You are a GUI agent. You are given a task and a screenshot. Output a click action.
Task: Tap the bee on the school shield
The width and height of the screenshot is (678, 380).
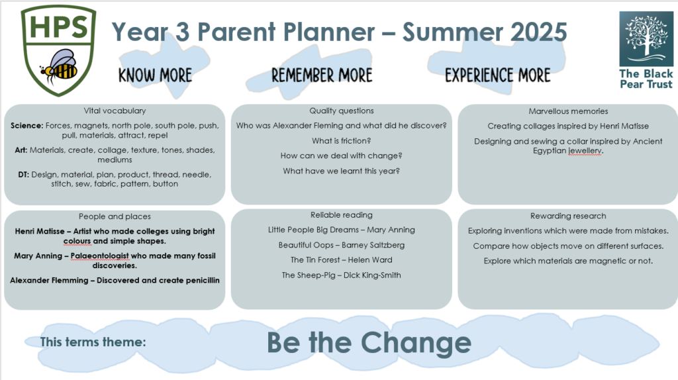60,67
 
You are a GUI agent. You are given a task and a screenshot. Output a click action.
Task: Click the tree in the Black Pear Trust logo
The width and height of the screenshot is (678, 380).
646,37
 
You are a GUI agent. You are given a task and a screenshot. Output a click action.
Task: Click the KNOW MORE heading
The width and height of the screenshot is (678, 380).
155,75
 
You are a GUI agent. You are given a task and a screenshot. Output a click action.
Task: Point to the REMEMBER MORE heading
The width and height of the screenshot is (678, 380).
322,75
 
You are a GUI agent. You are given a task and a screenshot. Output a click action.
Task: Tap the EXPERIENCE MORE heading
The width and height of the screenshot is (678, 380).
498,75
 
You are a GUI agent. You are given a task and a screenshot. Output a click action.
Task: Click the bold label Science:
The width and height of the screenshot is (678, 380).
26,126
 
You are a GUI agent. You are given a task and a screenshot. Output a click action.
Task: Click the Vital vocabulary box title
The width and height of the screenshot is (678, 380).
115,111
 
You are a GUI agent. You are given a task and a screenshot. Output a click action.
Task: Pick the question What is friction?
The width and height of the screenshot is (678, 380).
341,141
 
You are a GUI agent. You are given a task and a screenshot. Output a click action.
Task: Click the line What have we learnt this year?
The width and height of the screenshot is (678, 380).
341,171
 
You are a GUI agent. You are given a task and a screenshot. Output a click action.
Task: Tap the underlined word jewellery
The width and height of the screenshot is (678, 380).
585,151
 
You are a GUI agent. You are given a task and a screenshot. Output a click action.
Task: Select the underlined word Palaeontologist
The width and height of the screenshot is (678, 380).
99,256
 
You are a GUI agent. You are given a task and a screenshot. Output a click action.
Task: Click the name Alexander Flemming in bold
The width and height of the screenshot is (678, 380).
49,281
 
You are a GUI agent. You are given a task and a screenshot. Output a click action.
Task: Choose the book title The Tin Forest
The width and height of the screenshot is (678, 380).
315,260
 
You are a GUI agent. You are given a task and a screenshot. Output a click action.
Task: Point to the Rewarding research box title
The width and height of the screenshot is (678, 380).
568,216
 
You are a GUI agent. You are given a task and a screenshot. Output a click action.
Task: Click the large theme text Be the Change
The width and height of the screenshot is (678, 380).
369,342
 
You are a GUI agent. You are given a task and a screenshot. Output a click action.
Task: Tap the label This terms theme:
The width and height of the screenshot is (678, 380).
93,342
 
